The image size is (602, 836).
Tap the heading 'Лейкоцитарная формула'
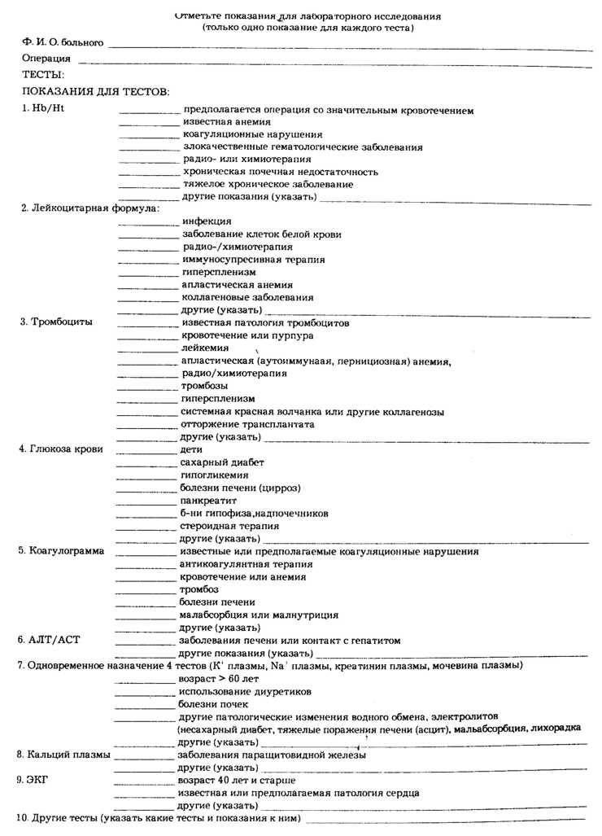click(89, 208)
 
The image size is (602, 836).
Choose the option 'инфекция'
click(207, 221)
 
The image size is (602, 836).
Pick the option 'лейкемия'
click(205, 348)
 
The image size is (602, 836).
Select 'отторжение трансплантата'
click(247, 424)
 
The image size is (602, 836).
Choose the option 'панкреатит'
click(207, 501)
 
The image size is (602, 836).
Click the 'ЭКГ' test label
click(38, 780)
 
